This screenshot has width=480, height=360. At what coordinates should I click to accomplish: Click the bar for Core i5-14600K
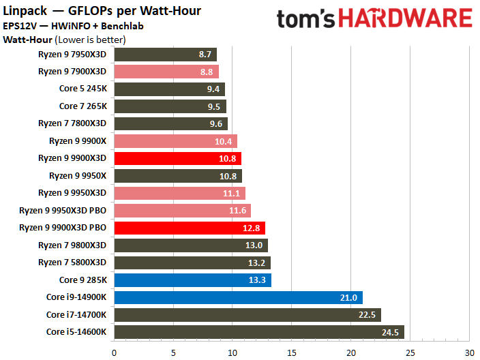259,332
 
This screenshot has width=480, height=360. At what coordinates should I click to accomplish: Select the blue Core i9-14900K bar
238,297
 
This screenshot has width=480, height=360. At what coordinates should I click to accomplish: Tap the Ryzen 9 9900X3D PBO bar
190,228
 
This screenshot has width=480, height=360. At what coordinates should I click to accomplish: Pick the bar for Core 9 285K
192,280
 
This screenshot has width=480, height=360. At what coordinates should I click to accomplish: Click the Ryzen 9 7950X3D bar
165,55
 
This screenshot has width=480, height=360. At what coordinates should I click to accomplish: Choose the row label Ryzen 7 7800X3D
72,123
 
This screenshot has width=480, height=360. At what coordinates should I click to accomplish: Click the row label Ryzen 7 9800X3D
72,245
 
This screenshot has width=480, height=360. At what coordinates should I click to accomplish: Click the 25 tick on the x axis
410,352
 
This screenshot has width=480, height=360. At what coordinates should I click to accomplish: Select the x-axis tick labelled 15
291,352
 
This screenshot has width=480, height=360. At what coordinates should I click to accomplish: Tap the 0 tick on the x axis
114,352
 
